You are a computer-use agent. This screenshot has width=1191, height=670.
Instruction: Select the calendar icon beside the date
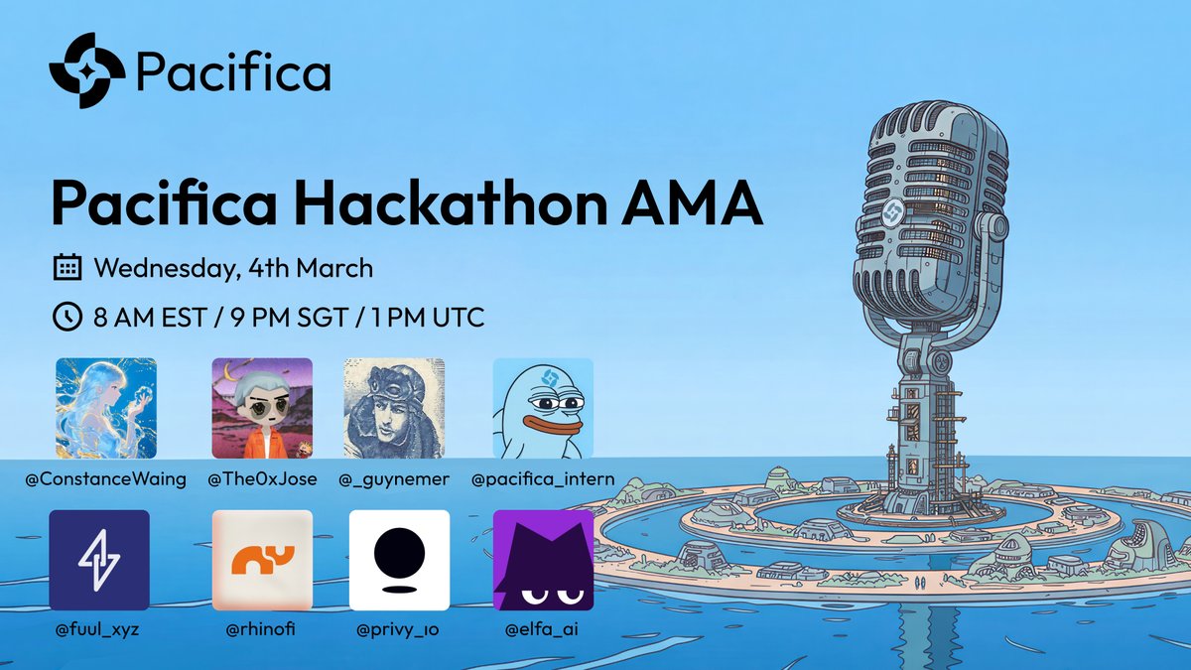click(66, 268)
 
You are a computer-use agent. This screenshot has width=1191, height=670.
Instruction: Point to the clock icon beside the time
click(66, 318)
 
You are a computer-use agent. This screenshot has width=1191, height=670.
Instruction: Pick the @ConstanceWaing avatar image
click(106, 408)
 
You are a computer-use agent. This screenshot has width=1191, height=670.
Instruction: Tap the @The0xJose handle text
click(262, 479)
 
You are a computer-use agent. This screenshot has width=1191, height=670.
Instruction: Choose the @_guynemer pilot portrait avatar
click(393, 408)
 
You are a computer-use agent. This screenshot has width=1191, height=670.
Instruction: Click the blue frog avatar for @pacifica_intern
click(543, 408)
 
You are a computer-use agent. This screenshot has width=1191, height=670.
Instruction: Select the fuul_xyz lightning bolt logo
click(99, 560)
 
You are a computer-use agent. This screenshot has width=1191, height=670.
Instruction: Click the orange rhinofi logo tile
click(262, 560)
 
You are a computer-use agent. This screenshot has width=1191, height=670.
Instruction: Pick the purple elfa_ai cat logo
click(543, 560)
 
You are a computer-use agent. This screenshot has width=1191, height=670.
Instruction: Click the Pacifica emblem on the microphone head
click(892, 211)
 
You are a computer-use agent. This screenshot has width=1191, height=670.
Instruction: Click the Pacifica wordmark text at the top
click(233, 71)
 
